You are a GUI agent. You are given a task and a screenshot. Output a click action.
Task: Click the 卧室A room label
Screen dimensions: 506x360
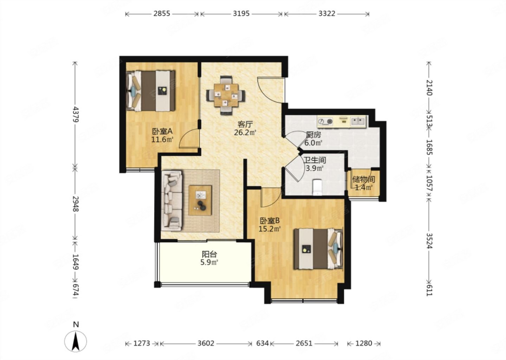coord(162,131)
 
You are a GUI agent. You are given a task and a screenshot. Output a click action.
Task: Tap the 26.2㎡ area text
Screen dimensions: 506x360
coord(245,133)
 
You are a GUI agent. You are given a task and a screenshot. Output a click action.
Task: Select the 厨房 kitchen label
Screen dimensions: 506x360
coord(313,135)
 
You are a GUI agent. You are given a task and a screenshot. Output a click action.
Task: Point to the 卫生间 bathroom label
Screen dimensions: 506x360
coord(315,160)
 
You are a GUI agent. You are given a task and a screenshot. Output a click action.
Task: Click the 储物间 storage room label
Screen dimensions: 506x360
coord(364,179)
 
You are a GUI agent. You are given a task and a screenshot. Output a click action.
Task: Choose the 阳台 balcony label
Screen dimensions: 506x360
coord(209,255)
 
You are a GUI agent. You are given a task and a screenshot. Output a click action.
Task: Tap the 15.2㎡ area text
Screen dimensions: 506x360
coord(270,229)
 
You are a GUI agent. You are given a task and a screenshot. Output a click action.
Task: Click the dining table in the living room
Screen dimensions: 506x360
coord(226,95)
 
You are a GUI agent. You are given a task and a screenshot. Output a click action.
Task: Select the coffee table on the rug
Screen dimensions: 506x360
coord(200,200)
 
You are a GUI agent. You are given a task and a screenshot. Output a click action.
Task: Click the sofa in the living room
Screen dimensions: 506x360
coord(172,201)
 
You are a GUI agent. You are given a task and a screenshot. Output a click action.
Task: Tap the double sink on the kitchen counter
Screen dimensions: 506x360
coord(358,121)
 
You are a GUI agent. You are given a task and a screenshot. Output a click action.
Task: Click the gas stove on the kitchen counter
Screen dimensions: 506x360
coord(325,122)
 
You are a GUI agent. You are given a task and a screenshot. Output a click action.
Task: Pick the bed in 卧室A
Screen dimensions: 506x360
coord(151,91)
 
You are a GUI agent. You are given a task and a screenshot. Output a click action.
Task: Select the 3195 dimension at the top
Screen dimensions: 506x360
coord(241,14)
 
